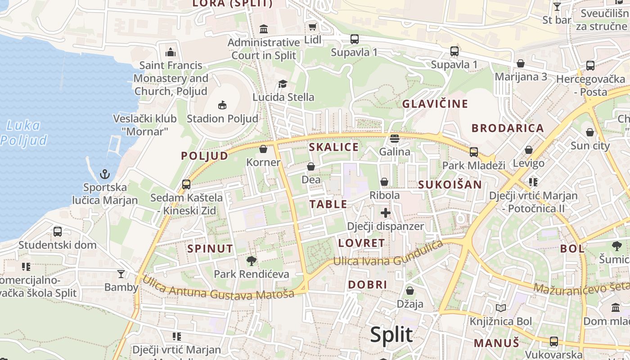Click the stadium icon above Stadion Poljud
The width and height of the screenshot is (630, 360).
(222, 105)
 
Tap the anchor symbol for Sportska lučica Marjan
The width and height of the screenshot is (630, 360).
(105, 174)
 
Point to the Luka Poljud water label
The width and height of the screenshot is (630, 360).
(24, 133)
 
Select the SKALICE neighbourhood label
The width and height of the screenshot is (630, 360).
(334, 147)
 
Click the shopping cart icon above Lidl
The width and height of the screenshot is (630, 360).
(313, 27)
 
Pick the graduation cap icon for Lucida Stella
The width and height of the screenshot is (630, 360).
(283, 84)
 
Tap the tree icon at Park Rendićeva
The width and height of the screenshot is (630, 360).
(251, 261)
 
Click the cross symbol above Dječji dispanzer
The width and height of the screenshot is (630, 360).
(386, 213)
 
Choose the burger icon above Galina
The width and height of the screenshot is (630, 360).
(395, 139)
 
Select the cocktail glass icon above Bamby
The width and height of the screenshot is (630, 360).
(121, 274)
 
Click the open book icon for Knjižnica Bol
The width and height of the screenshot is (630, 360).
(500, 308)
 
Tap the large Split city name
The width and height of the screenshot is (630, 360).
(391, 335)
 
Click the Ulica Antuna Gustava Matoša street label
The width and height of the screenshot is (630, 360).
(218, 288)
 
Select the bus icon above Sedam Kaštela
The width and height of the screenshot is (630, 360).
(186, 184)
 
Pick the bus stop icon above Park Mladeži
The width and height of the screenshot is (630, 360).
(474, 152)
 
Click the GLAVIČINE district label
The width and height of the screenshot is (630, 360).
(435, 104)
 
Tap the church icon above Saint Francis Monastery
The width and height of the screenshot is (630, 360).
(171, 52)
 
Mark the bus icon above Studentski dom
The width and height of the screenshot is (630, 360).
(58, 232)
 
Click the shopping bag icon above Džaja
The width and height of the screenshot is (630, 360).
(409, 291)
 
